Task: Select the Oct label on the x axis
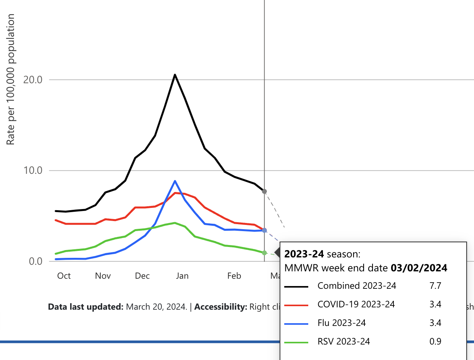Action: (64, 276)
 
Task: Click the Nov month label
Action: (103, 276)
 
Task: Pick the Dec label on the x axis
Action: (143, 276)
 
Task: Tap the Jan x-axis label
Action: (182, 276)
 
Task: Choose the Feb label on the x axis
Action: (234, 276)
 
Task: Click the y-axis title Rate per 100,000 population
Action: (11, 79)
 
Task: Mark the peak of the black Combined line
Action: (175, 75)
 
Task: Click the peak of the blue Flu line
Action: (175, 181)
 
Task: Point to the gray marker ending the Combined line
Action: (264, 191)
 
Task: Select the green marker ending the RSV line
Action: (264, 253)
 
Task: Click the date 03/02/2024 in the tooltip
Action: (419, 268)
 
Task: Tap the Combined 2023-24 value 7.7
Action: (435, 286)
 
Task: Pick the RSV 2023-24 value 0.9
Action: (435, 341)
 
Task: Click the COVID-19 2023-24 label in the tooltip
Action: (356, 304)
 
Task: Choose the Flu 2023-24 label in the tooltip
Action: (342, 323)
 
